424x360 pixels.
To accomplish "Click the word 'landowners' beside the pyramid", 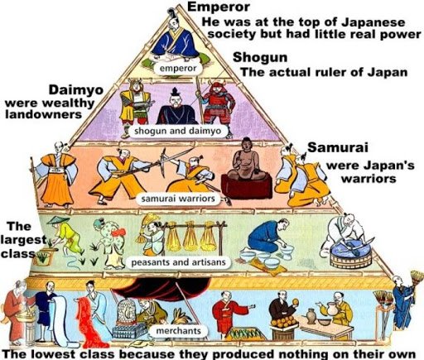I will click(x=42, y=114).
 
